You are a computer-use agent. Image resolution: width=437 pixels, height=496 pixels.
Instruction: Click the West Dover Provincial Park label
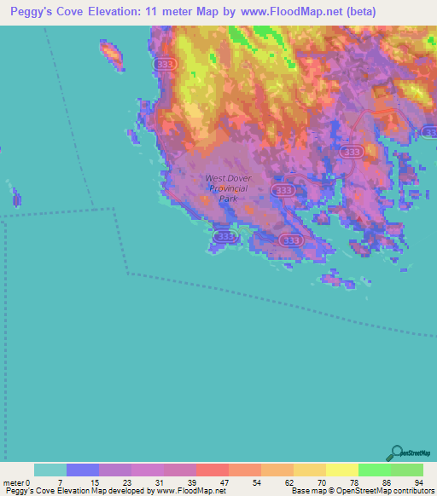226,188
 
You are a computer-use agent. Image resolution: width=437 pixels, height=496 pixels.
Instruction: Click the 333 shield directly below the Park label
224,236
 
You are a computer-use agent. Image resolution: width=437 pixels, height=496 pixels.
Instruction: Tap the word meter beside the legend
13,482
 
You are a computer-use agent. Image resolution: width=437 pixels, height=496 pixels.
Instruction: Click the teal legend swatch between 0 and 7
50,470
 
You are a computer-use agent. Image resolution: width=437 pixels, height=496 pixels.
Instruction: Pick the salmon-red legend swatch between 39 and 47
213,470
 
